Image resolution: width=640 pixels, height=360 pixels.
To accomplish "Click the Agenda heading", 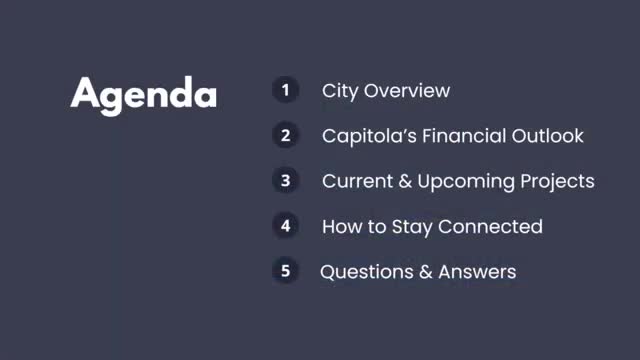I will pyautogui.click(x=144, y=94).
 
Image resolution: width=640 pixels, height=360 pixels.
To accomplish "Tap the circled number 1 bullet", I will pyautogui.click(x=285, y=90).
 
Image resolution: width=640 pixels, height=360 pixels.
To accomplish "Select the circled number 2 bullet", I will pyautogui.click(x=285, y=135).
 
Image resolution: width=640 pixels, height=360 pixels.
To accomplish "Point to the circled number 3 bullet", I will pyautogui.click(x=285, y=181).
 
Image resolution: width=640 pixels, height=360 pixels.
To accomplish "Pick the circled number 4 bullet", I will pyautogui.click(x=285, y=226).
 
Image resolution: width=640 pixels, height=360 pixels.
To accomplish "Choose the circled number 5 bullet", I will pyautogui.click(x=285, y=271).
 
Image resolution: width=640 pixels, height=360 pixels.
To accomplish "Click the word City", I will pyautogui.click(x=340, y=91).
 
